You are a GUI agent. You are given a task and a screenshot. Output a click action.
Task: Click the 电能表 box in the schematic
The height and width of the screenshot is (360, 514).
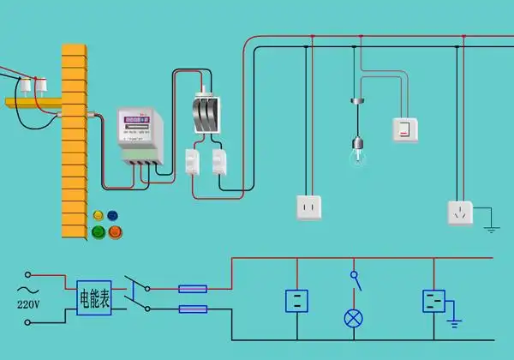pos(93,298)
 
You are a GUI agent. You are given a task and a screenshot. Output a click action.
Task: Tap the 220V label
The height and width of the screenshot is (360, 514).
pos(29,303)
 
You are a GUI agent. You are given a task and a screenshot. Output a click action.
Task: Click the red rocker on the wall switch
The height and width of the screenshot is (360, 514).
pos(403,130)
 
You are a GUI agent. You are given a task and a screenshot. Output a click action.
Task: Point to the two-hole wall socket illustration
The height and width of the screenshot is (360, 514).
pos(308,207)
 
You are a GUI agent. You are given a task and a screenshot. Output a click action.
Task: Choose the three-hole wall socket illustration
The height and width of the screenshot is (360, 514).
pos(460,213)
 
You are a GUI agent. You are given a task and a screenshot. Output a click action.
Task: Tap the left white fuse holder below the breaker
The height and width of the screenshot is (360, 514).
pos(192,160)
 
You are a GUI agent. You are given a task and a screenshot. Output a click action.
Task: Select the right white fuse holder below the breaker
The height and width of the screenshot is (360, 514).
pos(221,160)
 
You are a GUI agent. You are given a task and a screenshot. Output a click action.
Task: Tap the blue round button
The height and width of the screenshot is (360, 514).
pos(112,215)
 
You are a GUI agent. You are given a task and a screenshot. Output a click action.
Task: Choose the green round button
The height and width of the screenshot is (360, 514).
pos(99,231)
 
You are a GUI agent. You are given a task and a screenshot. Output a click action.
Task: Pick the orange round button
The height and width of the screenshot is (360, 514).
pos(115,231)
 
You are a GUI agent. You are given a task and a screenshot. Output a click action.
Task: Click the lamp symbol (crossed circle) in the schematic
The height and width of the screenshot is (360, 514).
pos(352,318)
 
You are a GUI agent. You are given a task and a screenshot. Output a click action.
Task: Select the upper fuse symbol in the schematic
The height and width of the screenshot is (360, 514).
pos(193,289)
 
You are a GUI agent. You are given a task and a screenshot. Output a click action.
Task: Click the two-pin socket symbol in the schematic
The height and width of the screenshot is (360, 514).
pos(297,301)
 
